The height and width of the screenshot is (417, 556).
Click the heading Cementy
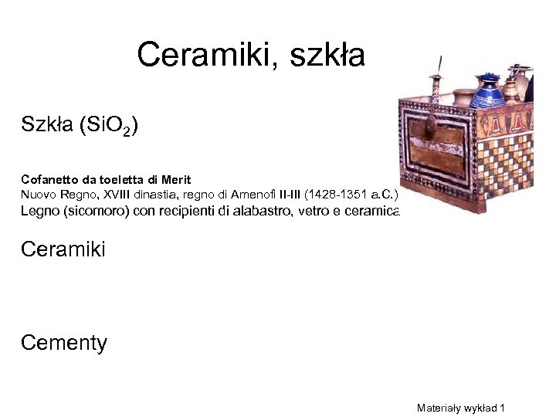(x=64, y=342)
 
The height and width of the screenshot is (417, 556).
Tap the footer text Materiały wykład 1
(x=460, y=407)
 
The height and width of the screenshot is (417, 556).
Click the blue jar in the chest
(x=487, y=93)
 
